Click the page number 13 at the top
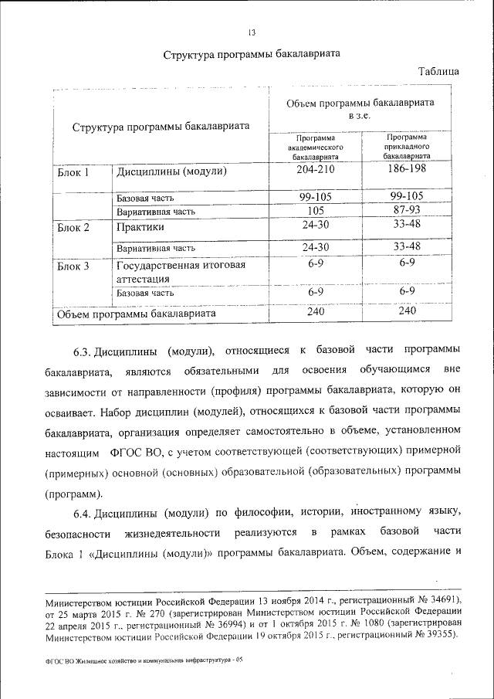click(x=252, y=32)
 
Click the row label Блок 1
click(x=74, y=172)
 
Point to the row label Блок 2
click(x=74, y=228)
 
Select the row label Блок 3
click(x=74, y=266)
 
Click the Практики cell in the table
click(x=140, y=228)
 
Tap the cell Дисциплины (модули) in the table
click(x=171, y=172)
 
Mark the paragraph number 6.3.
click(x=83, y=351)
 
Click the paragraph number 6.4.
click(x=83, y=512)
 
